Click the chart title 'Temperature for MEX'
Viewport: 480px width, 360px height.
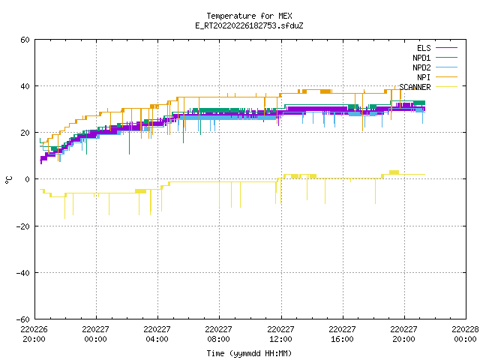coord(249,16)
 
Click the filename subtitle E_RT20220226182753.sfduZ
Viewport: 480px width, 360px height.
coord(249,25)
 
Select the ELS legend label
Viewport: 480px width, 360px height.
coord(424,48)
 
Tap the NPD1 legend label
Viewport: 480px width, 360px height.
coord(421,58)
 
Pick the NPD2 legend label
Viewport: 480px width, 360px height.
coord(421,67)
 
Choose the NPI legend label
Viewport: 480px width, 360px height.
coord(424,77)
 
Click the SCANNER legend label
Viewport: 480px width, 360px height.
coord(415,87)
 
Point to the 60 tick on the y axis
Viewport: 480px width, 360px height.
coord(25,40)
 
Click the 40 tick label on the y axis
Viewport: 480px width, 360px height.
coord(25,86)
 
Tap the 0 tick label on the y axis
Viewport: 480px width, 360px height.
coord(27,179)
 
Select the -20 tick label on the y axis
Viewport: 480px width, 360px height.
coord(23,226)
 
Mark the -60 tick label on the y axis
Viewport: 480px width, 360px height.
coord(23,319)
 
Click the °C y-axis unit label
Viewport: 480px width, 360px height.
coord(8,180)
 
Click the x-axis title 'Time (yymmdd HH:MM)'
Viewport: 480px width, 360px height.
coord(249,353)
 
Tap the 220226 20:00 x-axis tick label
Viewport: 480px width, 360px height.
coord(34,334)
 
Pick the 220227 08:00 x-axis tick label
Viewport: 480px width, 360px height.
coord(218,334)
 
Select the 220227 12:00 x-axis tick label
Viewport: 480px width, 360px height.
coord(280,334)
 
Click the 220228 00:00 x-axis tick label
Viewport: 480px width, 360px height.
coord(465,334)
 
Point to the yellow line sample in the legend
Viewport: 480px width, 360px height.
coord(447,87)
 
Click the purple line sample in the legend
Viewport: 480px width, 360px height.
coord(447,48)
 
